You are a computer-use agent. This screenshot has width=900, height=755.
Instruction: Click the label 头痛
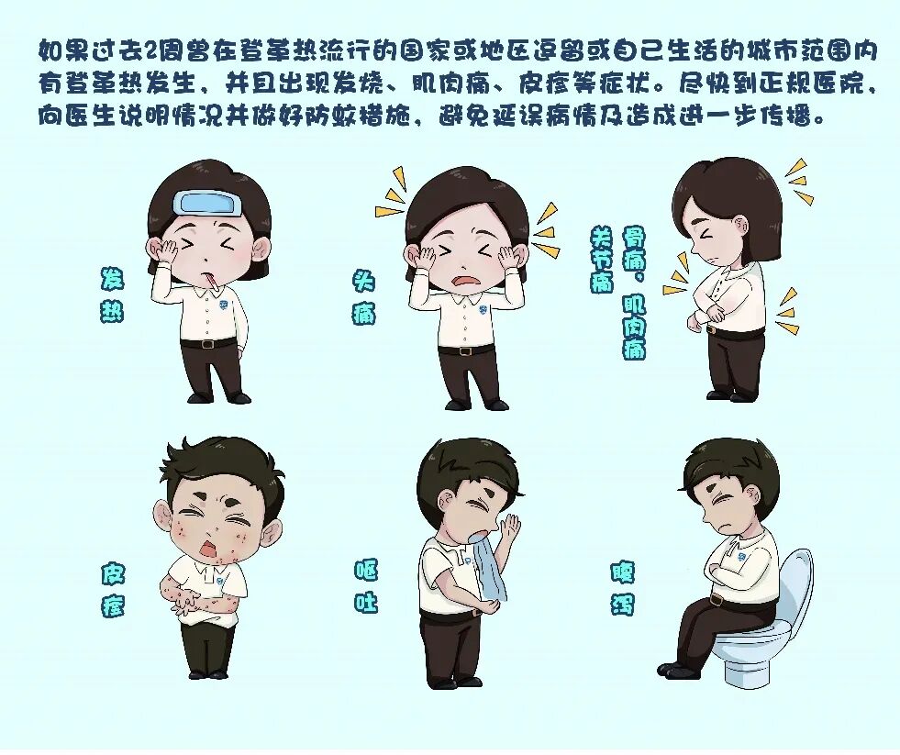pyautogui.click(x=364, y=296)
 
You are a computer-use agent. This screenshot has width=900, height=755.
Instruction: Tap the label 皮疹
pyautogui.click(x=114, y=590)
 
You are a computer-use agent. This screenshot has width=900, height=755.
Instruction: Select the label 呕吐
pyautogui.click(x=366, y=586)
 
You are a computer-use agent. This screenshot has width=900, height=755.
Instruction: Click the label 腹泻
pyautogui.click(x=622, y=587)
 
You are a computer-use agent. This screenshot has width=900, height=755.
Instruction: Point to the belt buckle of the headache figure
pyautogui.click(x=467, y=350)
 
